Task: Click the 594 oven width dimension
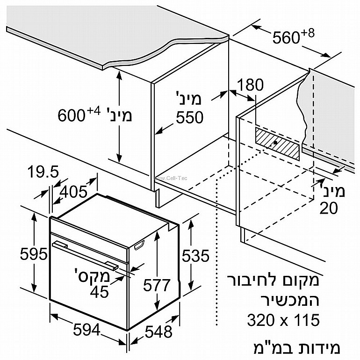pyautogui.click(x=86, y=330)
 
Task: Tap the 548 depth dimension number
pyautogui.click(x=158, y=331)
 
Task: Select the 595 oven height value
pyautogui.click(x=34, y=254)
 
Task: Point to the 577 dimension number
pyautogui.click(x=157, y=285)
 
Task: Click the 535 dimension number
pyautogui.click(x=195, y=256)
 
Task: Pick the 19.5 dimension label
pyautogui.click(x=43, y=172)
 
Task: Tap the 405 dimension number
pyautogui.click(x=73, y=192)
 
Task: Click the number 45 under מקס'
pyautogui.click(x=99, y=292)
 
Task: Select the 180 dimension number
pyautogui.click(x=250, y=85)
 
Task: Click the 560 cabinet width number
pyautogui.click(x=286, y=37)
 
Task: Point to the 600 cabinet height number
pyautogui.click(x=72, y=115)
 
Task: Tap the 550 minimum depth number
pyautogui.click(x=190, y=117)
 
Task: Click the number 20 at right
pyautogui.click(x=329, y=208)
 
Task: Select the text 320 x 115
pyautogui.click(x=283, y=320)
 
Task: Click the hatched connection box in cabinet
pyautogui.click(x=278, y=144)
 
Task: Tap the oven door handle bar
pyautogui.click(x=85, y=255)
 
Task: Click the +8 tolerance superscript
pyautogui.click(x=308, y=33)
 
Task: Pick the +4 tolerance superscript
pyautogui.click(x=94, y=111)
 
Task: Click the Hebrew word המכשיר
pyautogui.click(x=290, y=300)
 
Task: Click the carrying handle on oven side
pyautogui.click(x=139, y=245)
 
